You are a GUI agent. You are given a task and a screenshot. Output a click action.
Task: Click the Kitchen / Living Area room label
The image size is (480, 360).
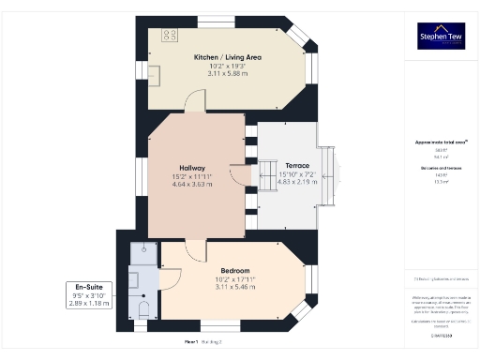click(x=227, y=57)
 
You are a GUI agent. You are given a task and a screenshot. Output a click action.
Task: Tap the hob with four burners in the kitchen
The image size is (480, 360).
click(x=171, y=36)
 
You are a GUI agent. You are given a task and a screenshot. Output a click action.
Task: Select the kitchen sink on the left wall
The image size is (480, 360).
click(x=153, y=73)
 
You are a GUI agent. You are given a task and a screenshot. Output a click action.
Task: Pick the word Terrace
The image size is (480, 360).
click(x=296, y=166)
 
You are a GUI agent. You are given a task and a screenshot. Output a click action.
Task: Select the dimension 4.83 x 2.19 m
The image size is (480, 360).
click(x=296, y=183)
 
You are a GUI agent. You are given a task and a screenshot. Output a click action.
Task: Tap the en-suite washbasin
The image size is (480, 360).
click(x=133, y=279)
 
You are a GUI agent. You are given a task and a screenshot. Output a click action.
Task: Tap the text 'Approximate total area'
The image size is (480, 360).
click(x=442, y=142)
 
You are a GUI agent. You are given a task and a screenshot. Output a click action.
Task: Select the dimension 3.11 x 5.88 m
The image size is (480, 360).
click(x=227, y=74)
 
